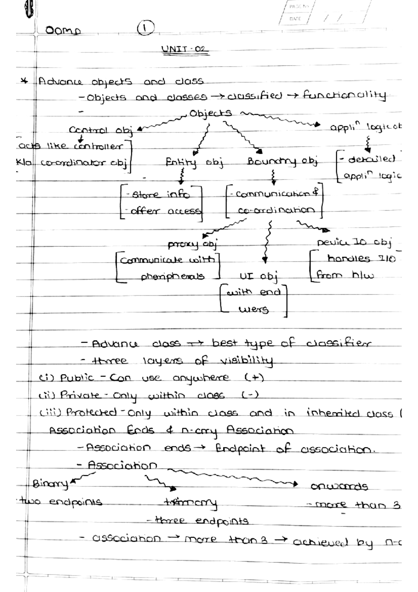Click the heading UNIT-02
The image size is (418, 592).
[x=185, y=50]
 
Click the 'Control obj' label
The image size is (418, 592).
[x=101, y=131]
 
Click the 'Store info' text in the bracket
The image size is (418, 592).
[x=161, y=195]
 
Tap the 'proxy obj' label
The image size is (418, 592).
[x=192, y=245]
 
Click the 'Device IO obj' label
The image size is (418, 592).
[x=354, y=242]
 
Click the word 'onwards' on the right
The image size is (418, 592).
[x=339, y=486]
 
